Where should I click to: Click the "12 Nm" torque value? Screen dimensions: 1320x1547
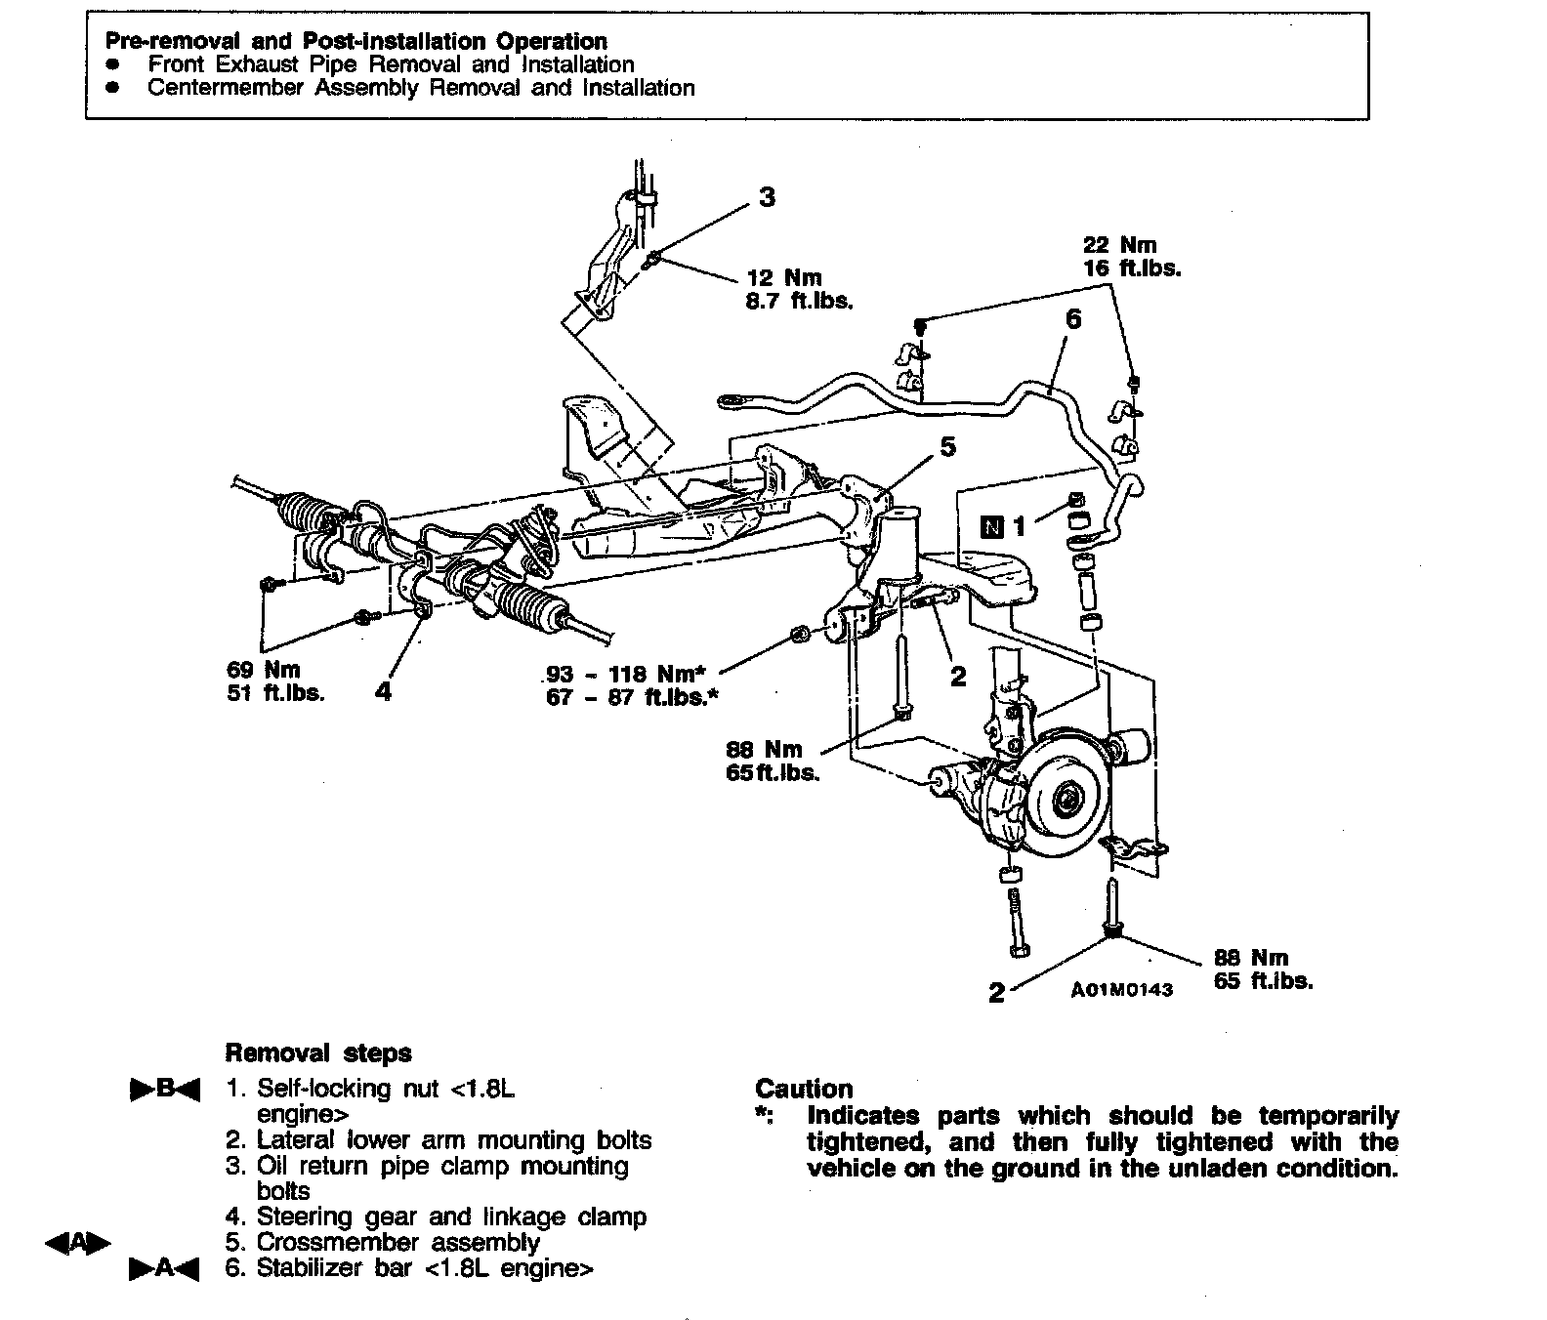tap(783, 278)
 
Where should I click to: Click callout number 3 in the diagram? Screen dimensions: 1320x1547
tap(768, 197)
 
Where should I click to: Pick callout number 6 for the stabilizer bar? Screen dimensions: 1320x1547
tap(1073, 319)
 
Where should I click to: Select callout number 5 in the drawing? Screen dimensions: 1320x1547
tap(947, 447)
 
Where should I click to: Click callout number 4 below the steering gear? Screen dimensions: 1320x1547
tap(384, 691)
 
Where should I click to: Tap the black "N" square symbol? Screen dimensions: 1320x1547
tap(991, 527)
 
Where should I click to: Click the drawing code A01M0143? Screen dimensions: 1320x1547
tap(1121, 989)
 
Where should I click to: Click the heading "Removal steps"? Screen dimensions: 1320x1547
tap(318, 1053)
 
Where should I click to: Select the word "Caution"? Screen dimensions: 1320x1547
tap(804, 1090)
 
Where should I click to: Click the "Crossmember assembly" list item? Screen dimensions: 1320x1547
tap(397, 1243)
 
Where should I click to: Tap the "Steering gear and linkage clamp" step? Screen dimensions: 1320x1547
tap(451, 1217)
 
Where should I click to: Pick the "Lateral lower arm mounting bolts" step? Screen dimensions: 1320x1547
tap(453, 1140)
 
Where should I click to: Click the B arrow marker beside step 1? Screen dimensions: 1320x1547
tap(164, 1090)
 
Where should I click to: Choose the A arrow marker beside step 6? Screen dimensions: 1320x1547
tap(164, 1269)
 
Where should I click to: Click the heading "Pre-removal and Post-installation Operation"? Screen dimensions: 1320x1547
tap(356, 42)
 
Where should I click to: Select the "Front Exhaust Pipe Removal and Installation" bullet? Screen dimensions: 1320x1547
tap(391, 65)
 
